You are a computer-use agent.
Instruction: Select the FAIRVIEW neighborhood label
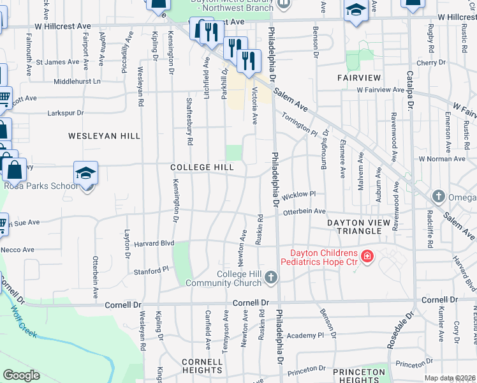[359, 78]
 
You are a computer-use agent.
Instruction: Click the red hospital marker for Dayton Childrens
[367, 257]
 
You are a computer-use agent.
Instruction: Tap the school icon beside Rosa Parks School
[85, 173]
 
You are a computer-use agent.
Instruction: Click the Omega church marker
[438, 196]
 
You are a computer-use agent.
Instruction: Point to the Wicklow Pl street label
[300, 193]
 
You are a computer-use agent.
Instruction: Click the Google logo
[22, 375]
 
